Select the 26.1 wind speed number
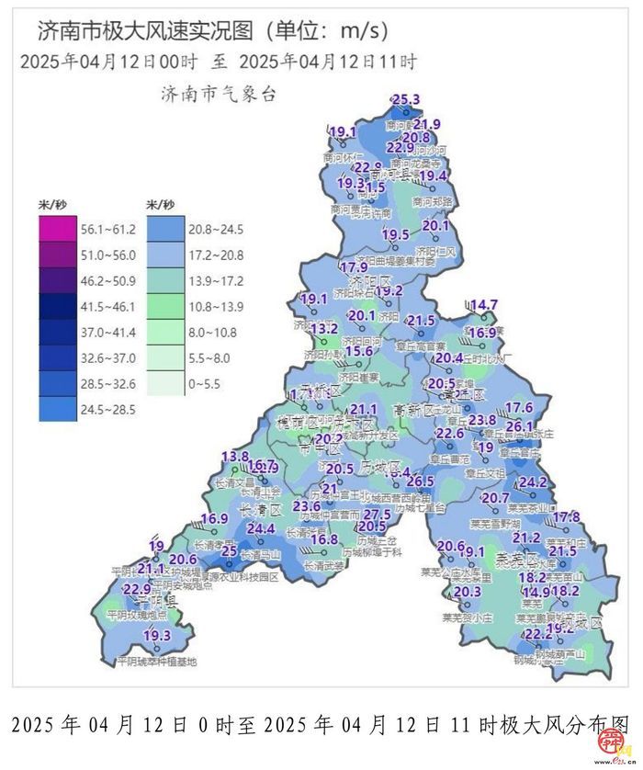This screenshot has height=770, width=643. point(520,425)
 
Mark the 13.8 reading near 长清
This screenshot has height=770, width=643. point(235,456)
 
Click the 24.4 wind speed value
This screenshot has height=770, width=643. point(261,528)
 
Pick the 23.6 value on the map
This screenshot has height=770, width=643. point(307,506)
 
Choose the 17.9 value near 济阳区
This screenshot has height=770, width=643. point(354,267)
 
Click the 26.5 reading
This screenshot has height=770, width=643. point(420,481)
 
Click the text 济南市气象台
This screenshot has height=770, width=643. point(218,94)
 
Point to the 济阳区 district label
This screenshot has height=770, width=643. point(374,278)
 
